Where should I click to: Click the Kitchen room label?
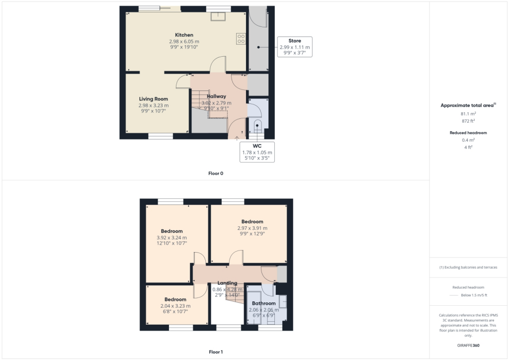(184, 35)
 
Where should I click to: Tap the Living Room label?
(153, 99)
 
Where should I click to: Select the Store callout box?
(294, 47)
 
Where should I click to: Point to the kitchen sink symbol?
(217, 16)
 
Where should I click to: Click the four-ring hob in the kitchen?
(241, 38)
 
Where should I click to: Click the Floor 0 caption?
(216, 174)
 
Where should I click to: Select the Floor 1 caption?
(216, 352)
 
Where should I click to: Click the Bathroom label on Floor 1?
(263, 303)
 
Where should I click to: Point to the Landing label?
(227, 283)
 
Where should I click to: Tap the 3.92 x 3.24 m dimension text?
(171, 237)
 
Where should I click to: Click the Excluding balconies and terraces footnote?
(468, 267)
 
